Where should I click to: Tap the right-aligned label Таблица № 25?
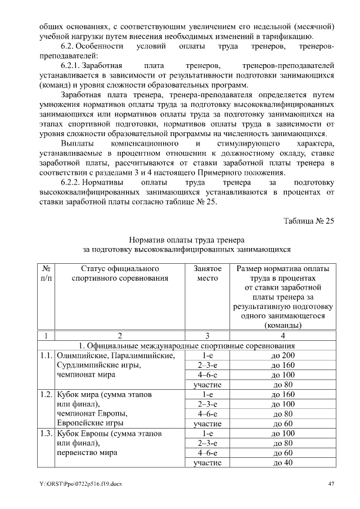[x=308, y=220]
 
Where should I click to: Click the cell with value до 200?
[x=283, y=355]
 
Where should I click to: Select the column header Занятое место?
[x=203, y=273]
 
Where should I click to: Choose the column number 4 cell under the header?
[x=283, y=335]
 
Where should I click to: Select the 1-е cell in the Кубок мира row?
[x=203, y=395]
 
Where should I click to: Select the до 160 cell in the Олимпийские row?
[x=283, y=366]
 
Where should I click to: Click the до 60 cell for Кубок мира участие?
[x=283, y=424]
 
